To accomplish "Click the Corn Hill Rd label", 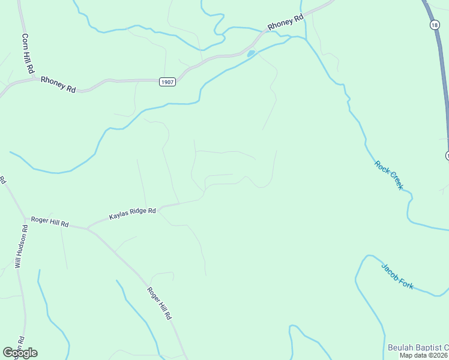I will coord(28,53).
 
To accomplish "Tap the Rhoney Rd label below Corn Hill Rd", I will coord(58,84).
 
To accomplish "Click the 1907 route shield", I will coord(168,82).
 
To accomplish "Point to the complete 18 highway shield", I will coord(434,24).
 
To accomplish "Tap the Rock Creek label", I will coord(388,175).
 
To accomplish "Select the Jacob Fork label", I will coord(397,276).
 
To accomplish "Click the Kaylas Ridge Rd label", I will coord(133,214).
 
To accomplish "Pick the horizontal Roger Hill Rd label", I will coord(50,222).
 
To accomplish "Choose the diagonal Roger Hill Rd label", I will coord(160,303).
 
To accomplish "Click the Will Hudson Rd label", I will coord(21,247).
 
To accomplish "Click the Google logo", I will coord(20,353).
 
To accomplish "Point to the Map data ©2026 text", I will coord(424,355).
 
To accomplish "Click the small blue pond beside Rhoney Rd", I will coord(250,53).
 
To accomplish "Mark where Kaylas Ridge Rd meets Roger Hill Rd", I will coord(88,229).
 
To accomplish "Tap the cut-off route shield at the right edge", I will coord(447,156).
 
